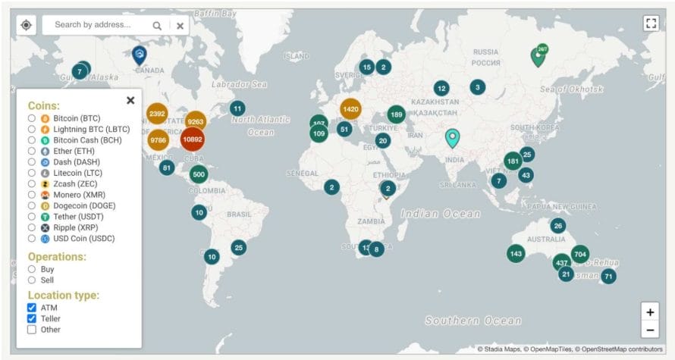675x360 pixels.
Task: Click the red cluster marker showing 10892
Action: pyautogui.click(x=193, y=139)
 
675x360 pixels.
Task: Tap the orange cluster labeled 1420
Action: pyautogui.click(x=350, y=109)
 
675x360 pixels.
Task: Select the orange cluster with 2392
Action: pyautogui.click(x=157, y=114)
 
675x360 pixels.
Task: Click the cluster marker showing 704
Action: pyautogui.click(x=580, y=254)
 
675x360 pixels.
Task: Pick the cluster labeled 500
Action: pyautogui.click(x=199, y=174)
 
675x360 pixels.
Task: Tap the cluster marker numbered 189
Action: pyautogui.click(x=396, y=114)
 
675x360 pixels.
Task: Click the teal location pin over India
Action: pyautogui.click(x=452, y=137)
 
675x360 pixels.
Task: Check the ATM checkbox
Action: pyautogui.click(x=32, y=308)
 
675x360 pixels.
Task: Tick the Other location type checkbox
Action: pyautogui.click(x=32, y=330)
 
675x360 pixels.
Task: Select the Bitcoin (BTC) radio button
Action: pyautogui.click(x=32, y=119)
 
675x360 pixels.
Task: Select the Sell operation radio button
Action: pyautogui.click(x=32, y=280)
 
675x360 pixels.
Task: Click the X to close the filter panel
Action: pyautogui.click(x=130, y=100)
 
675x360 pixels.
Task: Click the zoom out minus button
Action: pyautogui.click(x=650, y=330)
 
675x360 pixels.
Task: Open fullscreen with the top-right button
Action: pyautogui.click(x=651, y=23)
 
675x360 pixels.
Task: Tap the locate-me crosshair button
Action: pyautogui.click(x=27, y=25)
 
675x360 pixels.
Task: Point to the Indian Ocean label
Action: pyautogui.click(x=441, y=214)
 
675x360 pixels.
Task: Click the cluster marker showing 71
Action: pyautogui.click(x=608, y=277)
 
